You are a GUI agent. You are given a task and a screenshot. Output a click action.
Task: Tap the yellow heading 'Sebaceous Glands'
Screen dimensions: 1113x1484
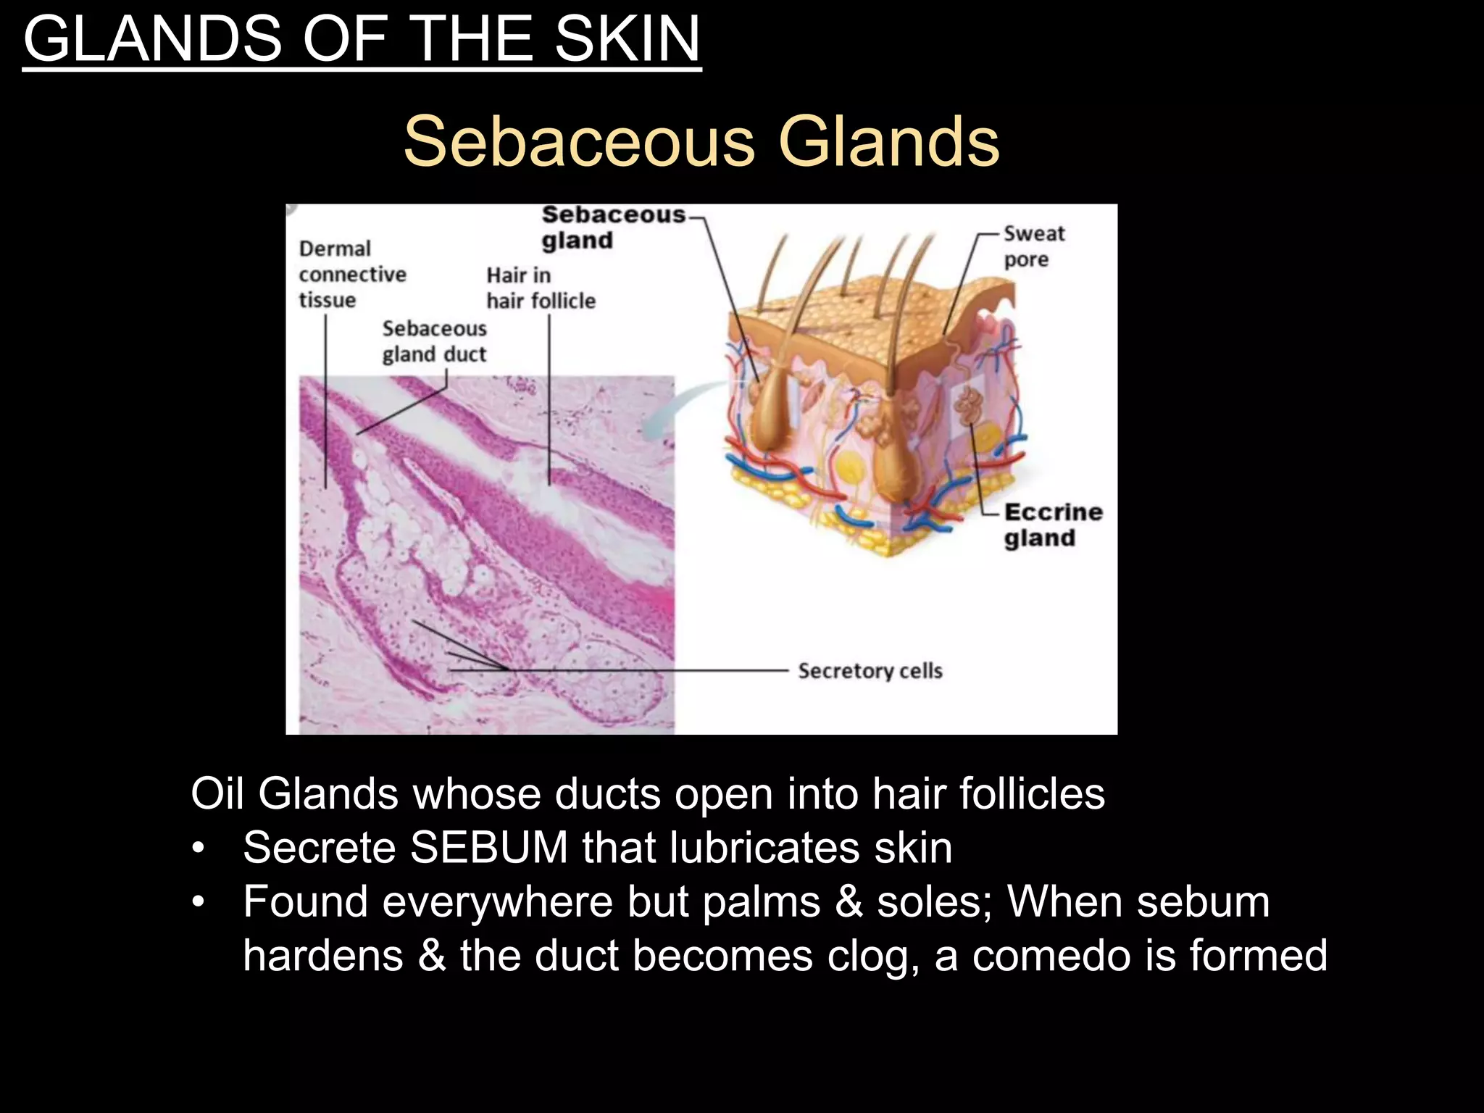pyautogui.click(x=701, y=141)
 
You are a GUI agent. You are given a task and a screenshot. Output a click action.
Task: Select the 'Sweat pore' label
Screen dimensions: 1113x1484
pyautogui.click(x=1033, y=246)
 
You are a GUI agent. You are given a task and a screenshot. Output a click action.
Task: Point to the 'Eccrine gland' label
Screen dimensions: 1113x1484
pyautogui.click(x=1053, y=525)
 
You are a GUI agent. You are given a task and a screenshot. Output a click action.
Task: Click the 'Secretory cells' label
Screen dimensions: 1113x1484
pyautogui.click(x=870, y=671)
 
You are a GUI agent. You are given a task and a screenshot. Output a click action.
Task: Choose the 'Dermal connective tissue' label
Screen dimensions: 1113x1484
pyautogui.click(x=352, y=274)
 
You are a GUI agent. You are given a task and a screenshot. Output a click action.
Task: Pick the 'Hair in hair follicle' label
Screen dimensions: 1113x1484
pyautogui.click(x=541, y=288)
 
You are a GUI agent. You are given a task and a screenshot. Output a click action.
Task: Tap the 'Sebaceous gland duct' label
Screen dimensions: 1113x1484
pyautogui.click(x=434, y=341)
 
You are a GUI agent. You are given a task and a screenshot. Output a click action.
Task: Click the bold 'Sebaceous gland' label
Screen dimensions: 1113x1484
pyautogui.click(x=612, y=227)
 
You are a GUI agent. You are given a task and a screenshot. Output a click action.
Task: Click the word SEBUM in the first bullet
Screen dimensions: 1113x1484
pyautogui.click(x=489, y=847)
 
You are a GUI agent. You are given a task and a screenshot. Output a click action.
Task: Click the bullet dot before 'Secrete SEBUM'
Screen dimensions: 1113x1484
pyautogui.click(x=199, y=848)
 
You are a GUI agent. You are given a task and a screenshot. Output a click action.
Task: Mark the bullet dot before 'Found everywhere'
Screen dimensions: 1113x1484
pyautogui.click(x=199, y=902)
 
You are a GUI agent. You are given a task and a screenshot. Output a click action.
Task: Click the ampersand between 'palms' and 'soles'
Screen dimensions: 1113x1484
pyautogui.click(x=849, y=901)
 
